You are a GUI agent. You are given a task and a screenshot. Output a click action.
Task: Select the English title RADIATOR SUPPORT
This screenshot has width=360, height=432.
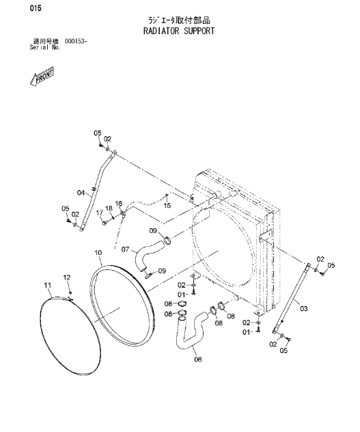point(179,31)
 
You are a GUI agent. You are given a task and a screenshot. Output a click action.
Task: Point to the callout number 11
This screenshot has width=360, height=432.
point(48,284)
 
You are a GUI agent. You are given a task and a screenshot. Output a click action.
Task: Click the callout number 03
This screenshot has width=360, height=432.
point(304,309)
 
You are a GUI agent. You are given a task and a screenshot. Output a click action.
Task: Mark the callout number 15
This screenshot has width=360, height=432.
point(167,205)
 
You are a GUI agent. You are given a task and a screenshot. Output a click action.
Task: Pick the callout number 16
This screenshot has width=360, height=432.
point(118,204)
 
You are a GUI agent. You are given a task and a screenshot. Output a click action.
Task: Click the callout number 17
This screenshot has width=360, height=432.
point(98,213)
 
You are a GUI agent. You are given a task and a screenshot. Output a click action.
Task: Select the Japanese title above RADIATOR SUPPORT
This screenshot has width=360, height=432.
point(179,21)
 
